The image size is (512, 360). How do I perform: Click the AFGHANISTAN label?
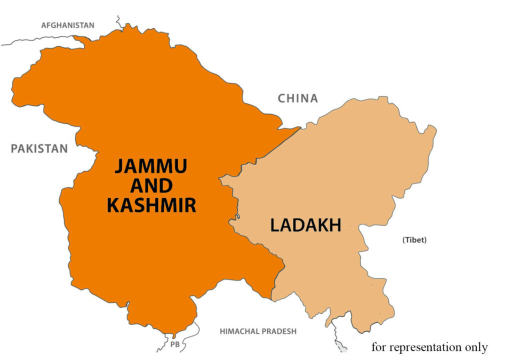[67, 25]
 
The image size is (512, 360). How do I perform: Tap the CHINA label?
[298, 98]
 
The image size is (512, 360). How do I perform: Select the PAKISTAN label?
[39, 148]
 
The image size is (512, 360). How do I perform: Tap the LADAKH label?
[305, 225]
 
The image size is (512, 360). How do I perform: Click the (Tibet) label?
[414, 240]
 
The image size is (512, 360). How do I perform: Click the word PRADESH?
[278, 331]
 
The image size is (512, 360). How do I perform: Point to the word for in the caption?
[379, 347]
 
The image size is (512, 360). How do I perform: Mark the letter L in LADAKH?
[274, 225]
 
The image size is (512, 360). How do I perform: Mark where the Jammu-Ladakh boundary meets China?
[300, 127]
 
